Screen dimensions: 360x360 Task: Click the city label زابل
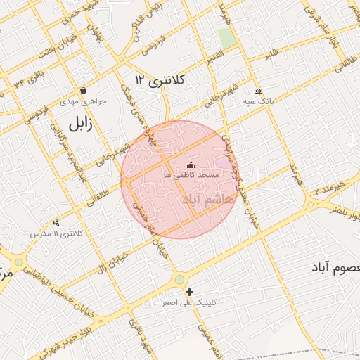point(80,124)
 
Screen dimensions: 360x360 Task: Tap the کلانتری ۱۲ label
point(160,80)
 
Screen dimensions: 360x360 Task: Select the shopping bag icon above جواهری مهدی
point(84,90)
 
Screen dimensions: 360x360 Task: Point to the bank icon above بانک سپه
point(258,91)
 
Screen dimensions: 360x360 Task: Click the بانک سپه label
point(258,101)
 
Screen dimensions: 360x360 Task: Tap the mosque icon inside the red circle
point(191,165)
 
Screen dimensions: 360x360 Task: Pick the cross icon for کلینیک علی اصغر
point(189,292)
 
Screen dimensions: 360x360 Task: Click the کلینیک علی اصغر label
point(190,303)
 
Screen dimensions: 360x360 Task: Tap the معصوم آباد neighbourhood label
point(335,269)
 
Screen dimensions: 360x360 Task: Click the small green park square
point(226,38)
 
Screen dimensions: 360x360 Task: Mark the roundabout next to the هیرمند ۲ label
point(310,205)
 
